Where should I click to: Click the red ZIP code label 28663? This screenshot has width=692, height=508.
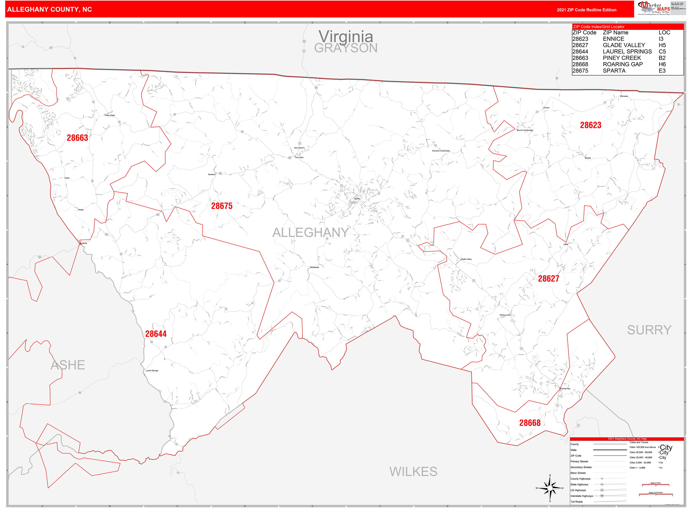click(78, 138)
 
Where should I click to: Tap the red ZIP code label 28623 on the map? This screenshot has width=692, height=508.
click(591, 125)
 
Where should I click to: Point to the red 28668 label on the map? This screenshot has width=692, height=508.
click(530, 423)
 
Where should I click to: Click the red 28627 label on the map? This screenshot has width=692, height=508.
click(548, 279)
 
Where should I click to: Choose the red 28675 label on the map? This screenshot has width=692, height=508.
click(222, 206)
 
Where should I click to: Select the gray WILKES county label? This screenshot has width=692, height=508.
click(413, 471)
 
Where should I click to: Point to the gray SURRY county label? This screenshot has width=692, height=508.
click(649, 330)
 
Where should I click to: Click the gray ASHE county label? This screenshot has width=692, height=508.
click(68, 365)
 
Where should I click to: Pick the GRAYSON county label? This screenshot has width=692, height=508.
click(346, 48)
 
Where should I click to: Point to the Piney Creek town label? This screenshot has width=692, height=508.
click(110, 115)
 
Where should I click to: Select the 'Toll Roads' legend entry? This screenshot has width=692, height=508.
click(577, 502)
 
